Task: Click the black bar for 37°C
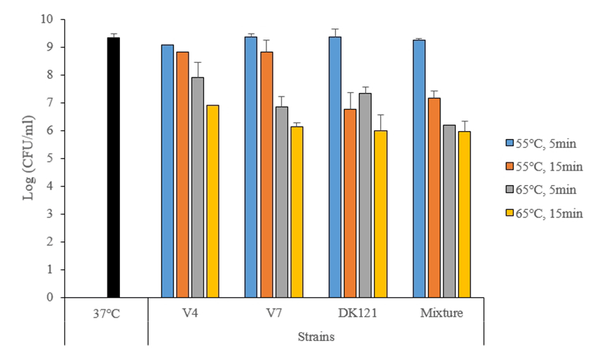pyautogui.click(x=113, y=168)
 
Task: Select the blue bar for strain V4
pyautogui.click(x=168, y=171)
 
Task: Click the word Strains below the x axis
pyautogui.click(x=315, y=337)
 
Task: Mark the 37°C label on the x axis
pyautogui.click(x=106, y=313)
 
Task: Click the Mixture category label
pyautogui.click(x=442, y=313)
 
